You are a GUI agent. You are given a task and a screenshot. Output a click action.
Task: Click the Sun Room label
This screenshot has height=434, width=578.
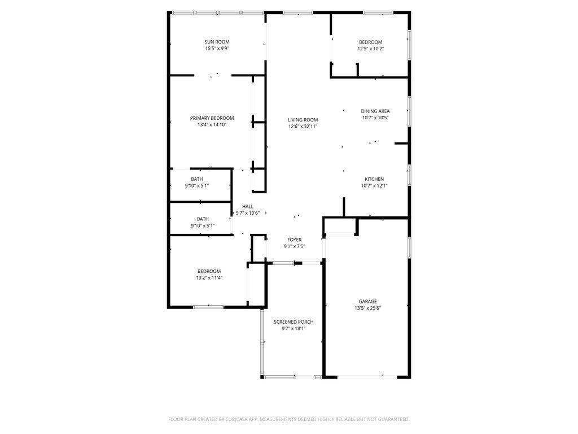tap(217, 42)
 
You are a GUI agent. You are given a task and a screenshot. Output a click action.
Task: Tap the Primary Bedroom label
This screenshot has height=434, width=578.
tap(212, 118)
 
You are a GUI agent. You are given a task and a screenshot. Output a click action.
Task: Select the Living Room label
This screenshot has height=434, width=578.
tap(303, 120)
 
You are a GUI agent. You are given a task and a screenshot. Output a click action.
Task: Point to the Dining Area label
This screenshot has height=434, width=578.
tap(375, 111)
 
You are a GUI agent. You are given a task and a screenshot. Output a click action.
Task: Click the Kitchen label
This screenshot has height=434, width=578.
tap(374, 179)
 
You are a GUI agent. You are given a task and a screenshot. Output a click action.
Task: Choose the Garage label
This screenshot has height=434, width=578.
tap(367, 302)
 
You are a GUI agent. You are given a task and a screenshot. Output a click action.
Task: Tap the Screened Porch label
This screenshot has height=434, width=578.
tap(294, 322)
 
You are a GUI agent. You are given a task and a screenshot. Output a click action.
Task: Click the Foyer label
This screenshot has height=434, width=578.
tap(294, 240)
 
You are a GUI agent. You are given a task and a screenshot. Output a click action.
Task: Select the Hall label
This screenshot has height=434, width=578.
tap(248, 207)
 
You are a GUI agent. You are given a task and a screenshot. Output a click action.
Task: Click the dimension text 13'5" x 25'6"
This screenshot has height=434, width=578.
tap(367, 308)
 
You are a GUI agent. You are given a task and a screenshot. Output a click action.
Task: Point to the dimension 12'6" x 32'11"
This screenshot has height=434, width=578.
tap(303, 127)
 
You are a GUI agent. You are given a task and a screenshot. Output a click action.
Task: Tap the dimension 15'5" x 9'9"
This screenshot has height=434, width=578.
tap(217, 49)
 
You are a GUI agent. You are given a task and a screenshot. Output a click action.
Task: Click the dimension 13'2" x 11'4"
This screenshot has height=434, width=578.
tap(209, 277)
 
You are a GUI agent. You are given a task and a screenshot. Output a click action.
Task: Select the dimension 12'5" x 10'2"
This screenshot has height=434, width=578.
tap(370, 49)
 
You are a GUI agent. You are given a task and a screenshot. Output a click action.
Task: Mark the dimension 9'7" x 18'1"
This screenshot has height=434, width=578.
tap(294, 328)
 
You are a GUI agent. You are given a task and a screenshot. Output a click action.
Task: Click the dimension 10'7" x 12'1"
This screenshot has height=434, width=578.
tap(374, 185)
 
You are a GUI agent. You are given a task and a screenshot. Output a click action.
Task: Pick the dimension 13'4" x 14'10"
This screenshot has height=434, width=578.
tap(212, 125)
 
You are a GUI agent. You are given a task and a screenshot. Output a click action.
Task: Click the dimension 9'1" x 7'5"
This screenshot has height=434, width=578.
tap(294, 246)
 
